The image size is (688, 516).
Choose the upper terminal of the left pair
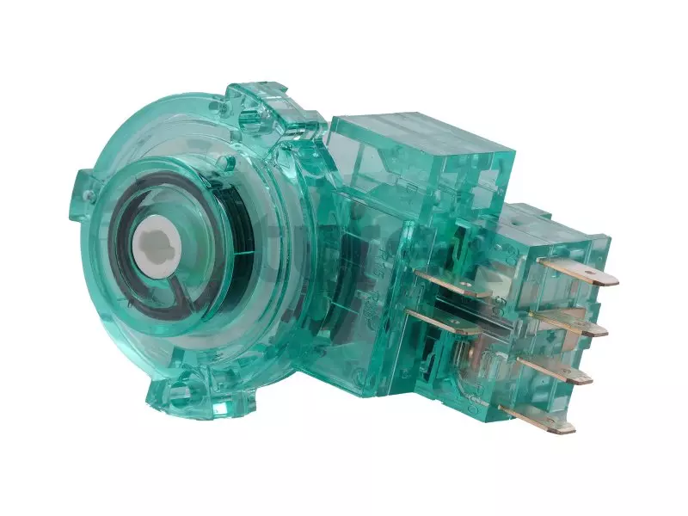tap(447, 282)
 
